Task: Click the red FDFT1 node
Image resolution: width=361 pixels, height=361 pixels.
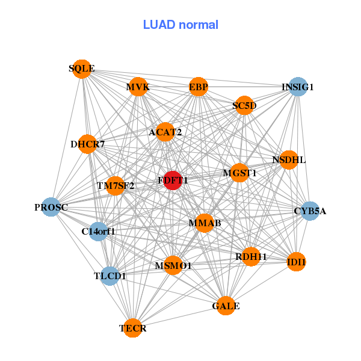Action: tap(173, 180)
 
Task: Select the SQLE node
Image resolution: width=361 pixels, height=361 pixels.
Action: tap(82, 69)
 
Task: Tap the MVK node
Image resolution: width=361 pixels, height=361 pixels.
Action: tap(138, 87)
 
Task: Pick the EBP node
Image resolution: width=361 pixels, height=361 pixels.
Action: tap(199, 87)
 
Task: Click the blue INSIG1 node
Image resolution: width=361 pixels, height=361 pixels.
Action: tap(298, 87)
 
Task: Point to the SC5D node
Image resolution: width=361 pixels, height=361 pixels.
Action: tap(244, 106)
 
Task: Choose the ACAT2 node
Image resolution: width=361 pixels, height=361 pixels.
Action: tap(165, 132)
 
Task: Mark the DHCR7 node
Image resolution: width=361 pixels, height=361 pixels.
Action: tap(88, 144)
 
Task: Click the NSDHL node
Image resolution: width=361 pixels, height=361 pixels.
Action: tap(289, 160)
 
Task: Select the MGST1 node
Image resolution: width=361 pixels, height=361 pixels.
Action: tap(239, 173)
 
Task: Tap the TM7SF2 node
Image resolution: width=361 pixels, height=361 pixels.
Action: tap(116, 185)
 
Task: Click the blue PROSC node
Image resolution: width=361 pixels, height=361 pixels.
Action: tap(51, 208)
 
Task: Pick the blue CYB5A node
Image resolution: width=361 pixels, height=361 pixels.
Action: tap(310, 211)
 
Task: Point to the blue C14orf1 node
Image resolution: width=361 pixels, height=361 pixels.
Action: tap(98, 230)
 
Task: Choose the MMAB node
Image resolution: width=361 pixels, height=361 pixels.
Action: tap(205, 223)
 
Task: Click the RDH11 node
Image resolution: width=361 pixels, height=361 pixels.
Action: tap(251, 257)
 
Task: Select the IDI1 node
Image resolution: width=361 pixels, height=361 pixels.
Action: tap(296, 262)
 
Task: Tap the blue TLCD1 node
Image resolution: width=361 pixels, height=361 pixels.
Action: tap(110, 276)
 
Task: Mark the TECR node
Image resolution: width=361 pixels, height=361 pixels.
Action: tap(133, 328)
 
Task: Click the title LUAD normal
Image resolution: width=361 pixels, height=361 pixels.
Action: tap(180, 25)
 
